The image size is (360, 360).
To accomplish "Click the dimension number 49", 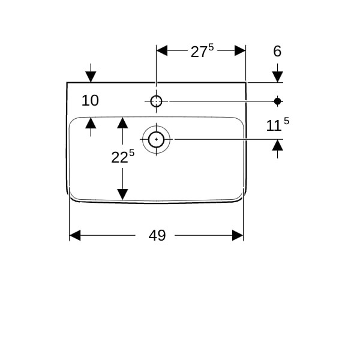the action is (x=157, y=235).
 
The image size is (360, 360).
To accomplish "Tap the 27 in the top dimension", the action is (x=199, y=52).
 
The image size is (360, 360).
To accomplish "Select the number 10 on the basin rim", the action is (x=90, y=101).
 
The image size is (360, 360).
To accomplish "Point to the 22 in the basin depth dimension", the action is (x=119, y=158).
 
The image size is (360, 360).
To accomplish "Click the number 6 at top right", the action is (x=277, y=51).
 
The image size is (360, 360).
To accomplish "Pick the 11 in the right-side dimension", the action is (x=274, y=126).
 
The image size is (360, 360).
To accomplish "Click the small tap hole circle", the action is (x=156, y=101).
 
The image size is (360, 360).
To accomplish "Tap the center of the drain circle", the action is (x=157, y=139).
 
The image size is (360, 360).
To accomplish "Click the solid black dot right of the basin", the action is (x=278, y=101).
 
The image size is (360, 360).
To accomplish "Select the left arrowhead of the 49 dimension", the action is (x=75, y=235).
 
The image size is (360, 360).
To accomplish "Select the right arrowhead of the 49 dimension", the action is (x=238, y=235).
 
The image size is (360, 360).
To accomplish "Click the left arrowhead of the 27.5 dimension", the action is (x=162, y=50).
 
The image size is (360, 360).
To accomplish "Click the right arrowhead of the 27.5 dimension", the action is (x=240, y=50).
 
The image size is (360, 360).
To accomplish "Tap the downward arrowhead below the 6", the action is (x=278, y=77).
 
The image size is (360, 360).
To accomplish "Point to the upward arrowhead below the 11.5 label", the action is (x=278, y=145).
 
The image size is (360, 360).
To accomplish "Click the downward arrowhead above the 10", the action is (x=91, y=77).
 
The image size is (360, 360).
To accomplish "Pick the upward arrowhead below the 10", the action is (x=91, y=123).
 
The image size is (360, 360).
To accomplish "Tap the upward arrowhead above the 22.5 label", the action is (x=122, y=123).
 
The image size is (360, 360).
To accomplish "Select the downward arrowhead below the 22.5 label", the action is (x=122, y=194).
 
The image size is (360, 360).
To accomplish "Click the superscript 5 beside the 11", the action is (x=286, y=121).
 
